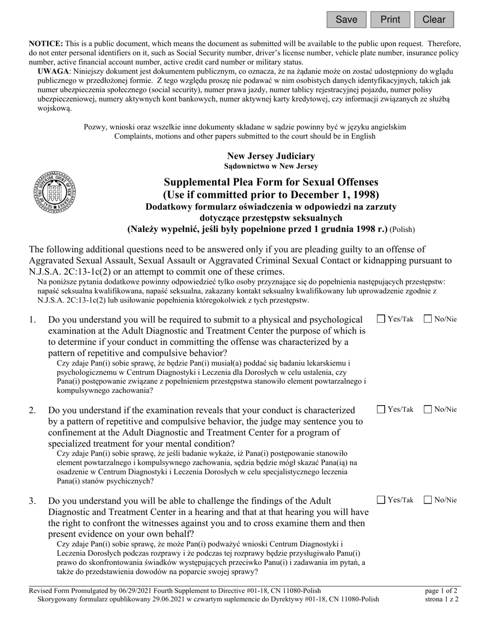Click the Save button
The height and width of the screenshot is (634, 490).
point(346,20)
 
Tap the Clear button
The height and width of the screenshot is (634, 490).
point(434,20)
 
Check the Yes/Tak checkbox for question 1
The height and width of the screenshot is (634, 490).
point(381,319)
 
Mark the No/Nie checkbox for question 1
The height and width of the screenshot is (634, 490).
point(428,319)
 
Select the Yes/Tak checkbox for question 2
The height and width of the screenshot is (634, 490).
point(381,409)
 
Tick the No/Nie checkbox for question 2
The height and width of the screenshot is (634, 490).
point(428,409)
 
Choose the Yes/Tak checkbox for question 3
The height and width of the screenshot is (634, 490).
point(381,499)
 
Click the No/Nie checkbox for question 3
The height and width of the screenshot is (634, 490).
point(428,499)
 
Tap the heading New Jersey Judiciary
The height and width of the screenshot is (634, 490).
point(271,156)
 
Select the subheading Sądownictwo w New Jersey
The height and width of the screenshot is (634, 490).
point(271,166)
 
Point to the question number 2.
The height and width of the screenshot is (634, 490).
point(32,410)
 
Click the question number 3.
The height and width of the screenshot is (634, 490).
point(32,500)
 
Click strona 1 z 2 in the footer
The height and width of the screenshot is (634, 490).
point(440,599)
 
